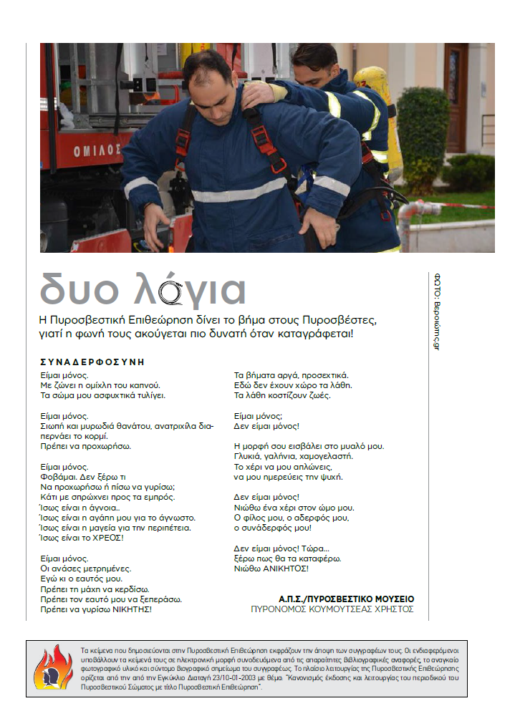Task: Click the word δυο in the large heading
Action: tap(84, 289)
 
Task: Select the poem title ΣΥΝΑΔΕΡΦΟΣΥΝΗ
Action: tap(93, 362)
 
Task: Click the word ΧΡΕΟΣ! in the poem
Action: tap(105, 537)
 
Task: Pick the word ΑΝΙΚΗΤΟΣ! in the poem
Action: tap(284, 568)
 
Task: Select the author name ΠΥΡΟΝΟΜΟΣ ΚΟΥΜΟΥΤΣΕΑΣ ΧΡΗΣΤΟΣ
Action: tap(332, 610)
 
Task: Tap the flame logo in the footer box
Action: tap(53, 667)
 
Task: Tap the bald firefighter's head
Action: tap(208, 72)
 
